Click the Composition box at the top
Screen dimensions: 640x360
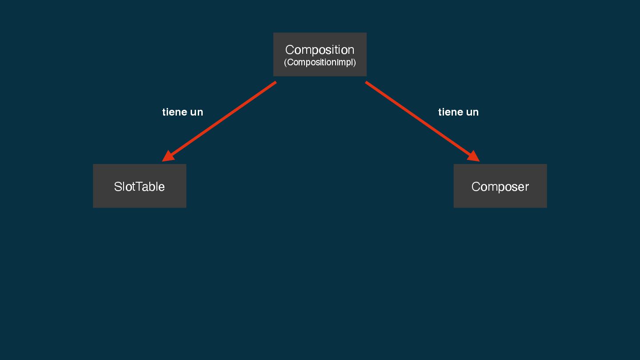tap(320, 54)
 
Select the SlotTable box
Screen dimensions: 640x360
tap(140, 186)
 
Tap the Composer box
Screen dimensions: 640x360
tap(500, 186)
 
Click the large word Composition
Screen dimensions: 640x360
tap(320, 49)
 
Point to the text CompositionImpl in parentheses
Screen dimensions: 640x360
tap(320, 62)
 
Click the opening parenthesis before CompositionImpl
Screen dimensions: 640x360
tap(285, 62)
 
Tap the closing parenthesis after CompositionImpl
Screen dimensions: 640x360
tap(355, 62)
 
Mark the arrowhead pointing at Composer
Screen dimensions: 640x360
tap(474, 156)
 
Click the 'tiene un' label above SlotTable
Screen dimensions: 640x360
tap(182, 112)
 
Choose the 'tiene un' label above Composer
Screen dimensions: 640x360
tap(458, 112)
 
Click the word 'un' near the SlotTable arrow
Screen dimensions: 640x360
tap(196, 112)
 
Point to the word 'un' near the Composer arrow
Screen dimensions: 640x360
tap(472, 112)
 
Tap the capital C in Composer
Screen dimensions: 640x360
tap(476, 187)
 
